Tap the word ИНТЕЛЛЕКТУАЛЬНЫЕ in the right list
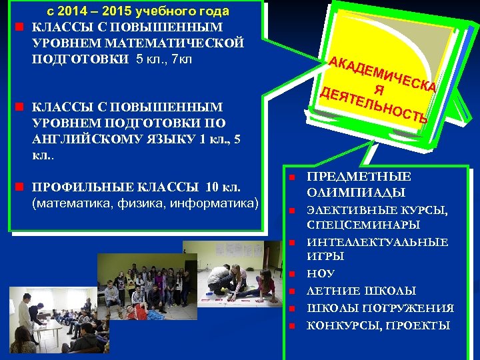point(377,242)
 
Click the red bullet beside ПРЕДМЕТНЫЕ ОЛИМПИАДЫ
point(291,177)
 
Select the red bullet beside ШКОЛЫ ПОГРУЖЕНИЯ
point(291,309)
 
